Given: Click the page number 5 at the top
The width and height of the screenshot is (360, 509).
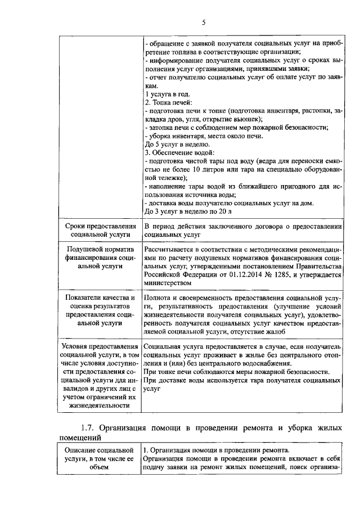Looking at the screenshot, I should (x=204, y=22).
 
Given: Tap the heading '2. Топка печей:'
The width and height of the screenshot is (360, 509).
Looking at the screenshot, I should (x=169, y=102).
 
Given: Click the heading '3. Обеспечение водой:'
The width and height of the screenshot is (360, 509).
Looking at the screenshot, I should (x=179, y=152).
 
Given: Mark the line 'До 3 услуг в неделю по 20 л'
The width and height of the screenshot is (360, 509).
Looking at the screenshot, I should (x=188, y=211).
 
